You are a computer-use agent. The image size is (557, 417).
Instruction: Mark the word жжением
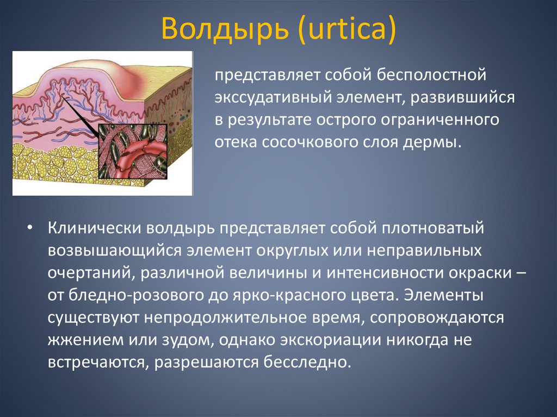(81, 339)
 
